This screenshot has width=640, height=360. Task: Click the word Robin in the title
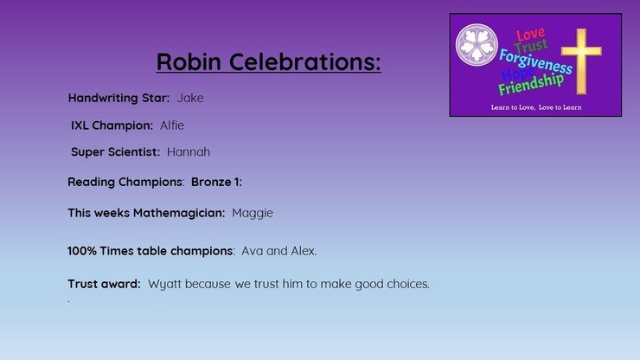(189, 61)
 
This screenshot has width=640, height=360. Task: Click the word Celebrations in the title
(304, 61)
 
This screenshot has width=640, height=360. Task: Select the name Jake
(190, 98)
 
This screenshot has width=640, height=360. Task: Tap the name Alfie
(172, 125)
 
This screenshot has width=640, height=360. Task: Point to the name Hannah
(189, 152)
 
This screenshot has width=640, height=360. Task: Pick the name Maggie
(253, 213)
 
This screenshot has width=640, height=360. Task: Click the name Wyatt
(164, 285)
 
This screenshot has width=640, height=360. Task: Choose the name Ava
(252, 251)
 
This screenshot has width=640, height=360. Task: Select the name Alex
(304, 251)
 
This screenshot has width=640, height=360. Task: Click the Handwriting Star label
(118, 99)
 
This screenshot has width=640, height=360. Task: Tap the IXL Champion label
(112, 125)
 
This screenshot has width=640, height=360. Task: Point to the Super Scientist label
(115, 152)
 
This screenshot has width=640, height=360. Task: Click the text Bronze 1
(216, 182)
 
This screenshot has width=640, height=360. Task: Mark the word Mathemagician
(179, 213)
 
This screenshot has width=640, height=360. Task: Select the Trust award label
(104, 284)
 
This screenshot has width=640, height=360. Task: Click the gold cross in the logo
(581, 61)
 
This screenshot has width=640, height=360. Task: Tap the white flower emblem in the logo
(477, 45)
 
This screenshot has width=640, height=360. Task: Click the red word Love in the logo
(530, 35)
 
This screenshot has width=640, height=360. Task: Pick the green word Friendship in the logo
(531, 85)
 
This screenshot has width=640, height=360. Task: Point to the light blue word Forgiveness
(535, 62)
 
